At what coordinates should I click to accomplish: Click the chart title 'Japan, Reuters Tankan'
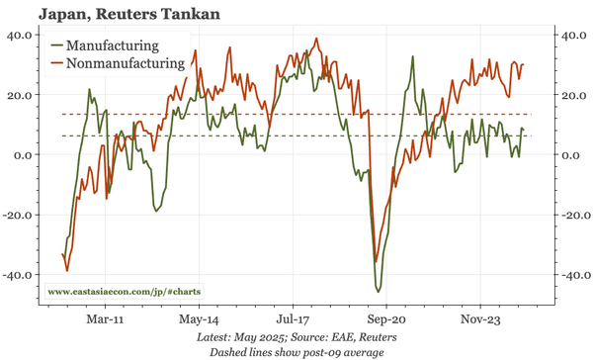(x=116, y=14)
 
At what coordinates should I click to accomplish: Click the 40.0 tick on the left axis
(x=20, y=35)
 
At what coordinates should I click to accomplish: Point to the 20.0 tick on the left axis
(x=20, y=95)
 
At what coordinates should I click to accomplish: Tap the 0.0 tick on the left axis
(x=24, y=154)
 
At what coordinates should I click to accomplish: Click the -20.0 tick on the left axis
(x=18, y=215)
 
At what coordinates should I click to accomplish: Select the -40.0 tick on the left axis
(x=18, y=275)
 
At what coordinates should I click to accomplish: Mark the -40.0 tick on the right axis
(x=572, y=275)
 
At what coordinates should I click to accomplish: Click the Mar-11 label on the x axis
(x=104, y=319)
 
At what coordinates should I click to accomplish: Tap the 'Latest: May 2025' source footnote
(x=296, y=337)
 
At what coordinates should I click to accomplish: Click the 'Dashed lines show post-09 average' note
(x=296, y=351)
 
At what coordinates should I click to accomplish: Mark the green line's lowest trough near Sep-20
(x=379, y=291)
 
